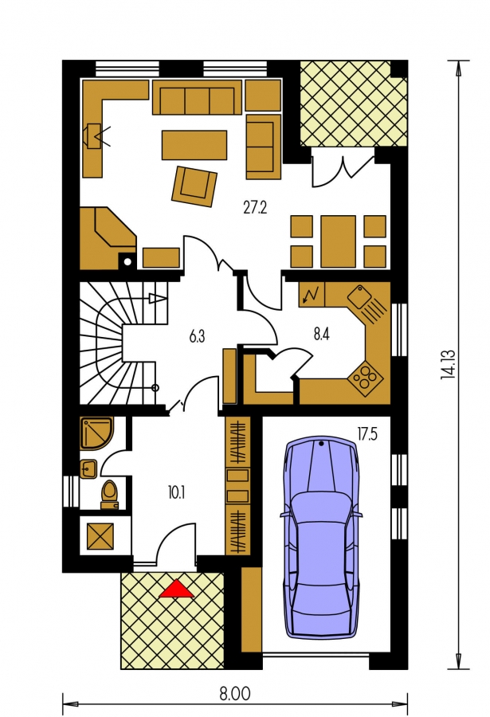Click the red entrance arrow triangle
177,589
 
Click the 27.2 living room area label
255,208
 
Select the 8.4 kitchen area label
322,335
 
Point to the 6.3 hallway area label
197,336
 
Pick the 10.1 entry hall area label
176,493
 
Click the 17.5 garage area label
367,434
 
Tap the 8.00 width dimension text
235,694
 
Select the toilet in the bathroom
109,494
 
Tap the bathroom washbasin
88,468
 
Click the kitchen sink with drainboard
369,304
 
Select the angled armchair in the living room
194,186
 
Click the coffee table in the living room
194,145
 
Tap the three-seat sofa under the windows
197,97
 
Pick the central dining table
338,241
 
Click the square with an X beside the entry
100,537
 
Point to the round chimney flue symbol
128,261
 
